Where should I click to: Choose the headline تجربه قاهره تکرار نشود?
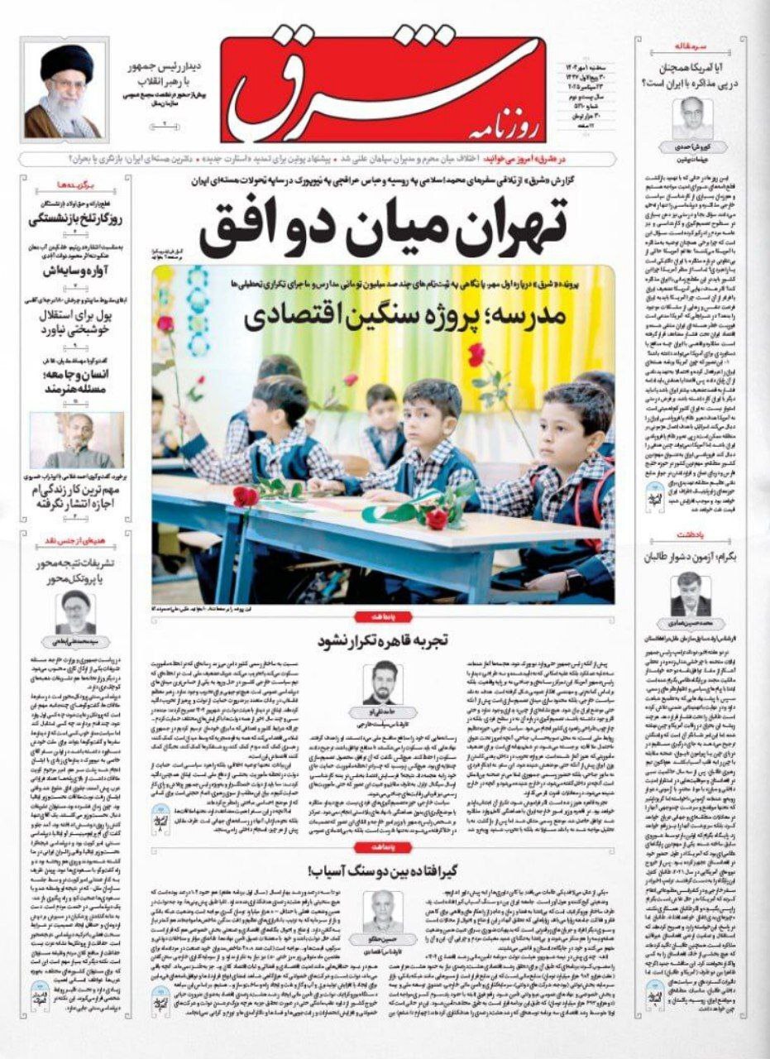380,640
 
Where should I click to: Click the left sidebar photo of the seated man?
75,440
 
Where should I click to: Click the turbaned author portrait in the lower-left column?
75,611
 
